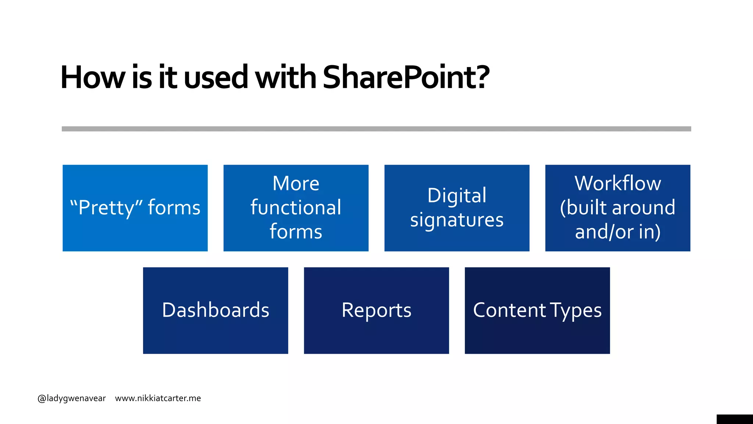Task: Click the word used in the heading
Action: [x=216, y=77]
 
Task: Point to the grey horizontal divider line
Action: [x=376, y=129]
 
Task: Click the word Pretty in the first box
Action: [x=107, y=208]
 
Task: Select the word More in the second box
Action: [x=296, y=183]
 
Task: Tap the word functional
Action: [x=296, y=208]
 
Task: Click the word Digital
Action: [x=457, y=195]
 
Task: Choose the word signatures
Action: [x=457, y=220]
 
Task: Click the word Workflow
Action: [x=618, y=183]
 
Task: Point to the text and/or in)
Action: [x=618, y=232]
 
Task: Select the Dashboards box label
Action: [x=215, y=310]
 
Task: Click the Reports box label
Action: [x=376, y=310]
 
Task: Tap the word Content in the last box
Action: [x=509, y=310]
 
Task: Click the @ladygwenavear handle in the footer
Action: [x=72, y=398]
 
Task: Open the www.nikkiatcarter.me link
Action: [x=158, y=398]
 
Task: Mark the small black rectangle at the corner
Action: [x=734, y=419]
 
